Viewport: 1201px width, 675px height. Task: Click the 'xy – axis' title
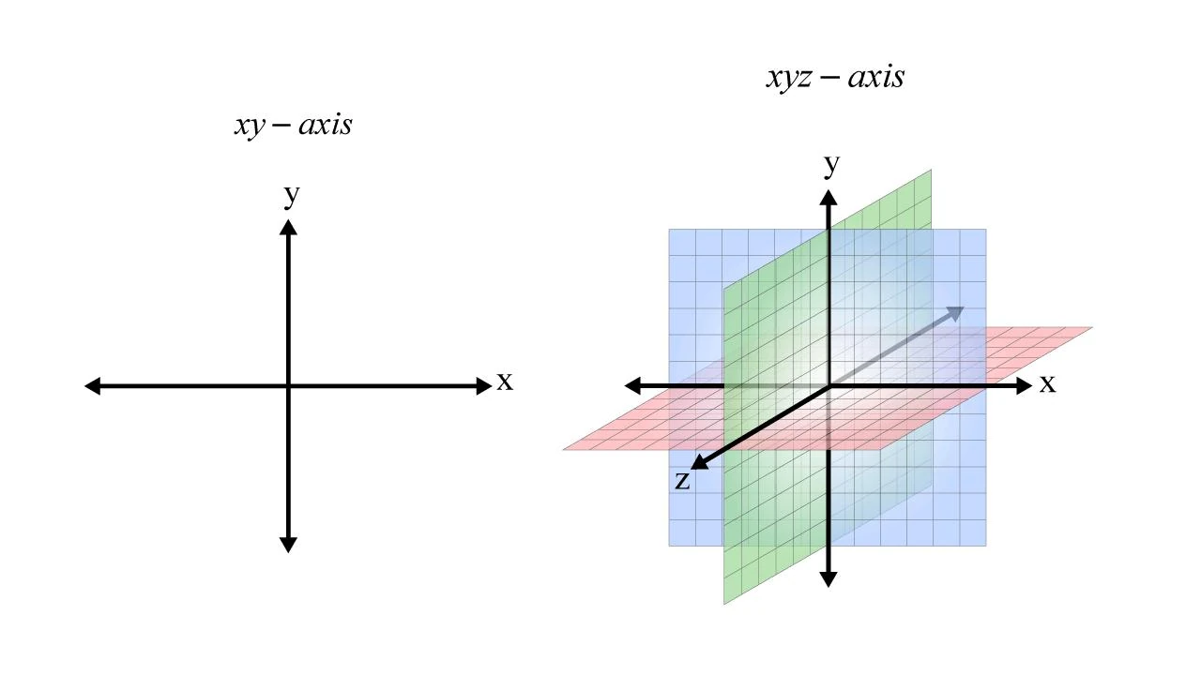point(294,126)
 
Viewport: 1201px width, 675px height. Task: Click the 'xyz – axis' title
point(835,78)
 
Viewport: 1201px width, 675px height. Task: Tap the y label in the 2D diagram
point(292,196)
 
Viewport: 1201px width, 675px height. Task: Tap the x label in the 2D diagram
point(505,382)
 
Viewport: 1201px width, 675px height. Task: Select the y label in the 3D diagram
point(831,165)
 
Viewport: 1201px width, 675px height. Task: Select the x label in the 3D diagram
point(1048,384)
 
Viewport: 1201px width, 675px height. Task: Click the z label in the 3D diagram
point(682,481)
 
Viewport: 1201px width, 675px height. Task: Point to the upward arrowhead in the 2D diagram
point(288,227)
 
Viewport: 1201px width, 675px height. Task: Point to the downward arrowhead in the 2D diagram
point(288,545)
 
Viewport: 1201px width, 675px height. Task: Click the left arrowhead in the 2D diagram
point(93,385)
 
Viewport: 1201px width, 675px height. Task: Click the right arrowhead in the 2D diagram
point(484,385)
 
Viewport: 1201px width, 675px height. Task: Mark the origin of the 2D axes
point(288,385)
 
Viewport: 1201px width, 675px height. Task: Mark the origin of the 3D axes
point(829,385)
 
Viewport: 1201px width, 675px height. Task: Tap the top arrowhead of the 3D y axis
point(829,198)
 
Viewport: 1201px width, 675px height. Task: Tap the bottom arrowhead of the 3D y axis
point(829,579)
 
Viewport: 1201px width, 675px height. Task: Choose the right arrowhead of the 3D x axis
point(1024,385)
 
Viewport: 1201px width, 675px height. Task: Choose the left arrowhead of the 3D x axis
point(632,385)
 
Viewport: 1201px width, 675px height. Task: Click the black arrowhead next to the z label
point(700,462)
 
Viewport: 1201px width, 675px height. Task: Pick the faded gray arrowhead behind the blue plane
point(955,312)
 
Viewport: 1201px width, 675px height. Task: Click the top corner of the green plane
point(932,170)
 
